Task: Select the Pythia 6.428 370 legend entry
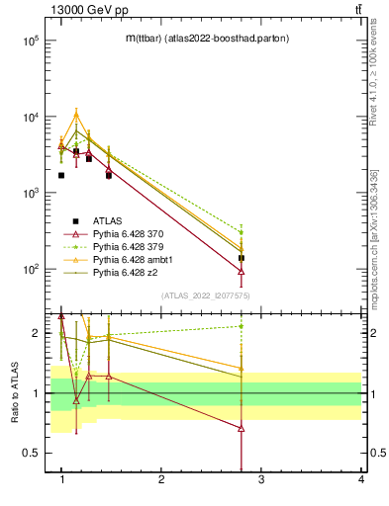coord(130,233)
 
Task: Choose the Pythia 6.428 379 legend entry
coord(130,245)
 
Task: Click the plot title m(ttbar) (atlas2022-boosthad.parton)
coord(206,39)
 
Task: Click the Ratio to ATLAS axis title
coord(15,393)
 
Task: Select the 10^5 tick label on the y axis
coord(32,41)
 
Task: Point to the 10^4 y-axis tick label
coord(32,117)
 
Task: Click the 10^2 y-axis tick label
coord(32,269)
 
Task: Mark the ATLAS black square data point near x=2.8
coord(242,258)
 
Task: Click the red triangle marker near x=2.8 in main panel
coord(242,271)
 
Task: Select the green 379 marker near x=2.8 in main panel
coord(242,232)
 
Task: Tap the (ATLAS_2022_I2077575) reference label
coord(206,295)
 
